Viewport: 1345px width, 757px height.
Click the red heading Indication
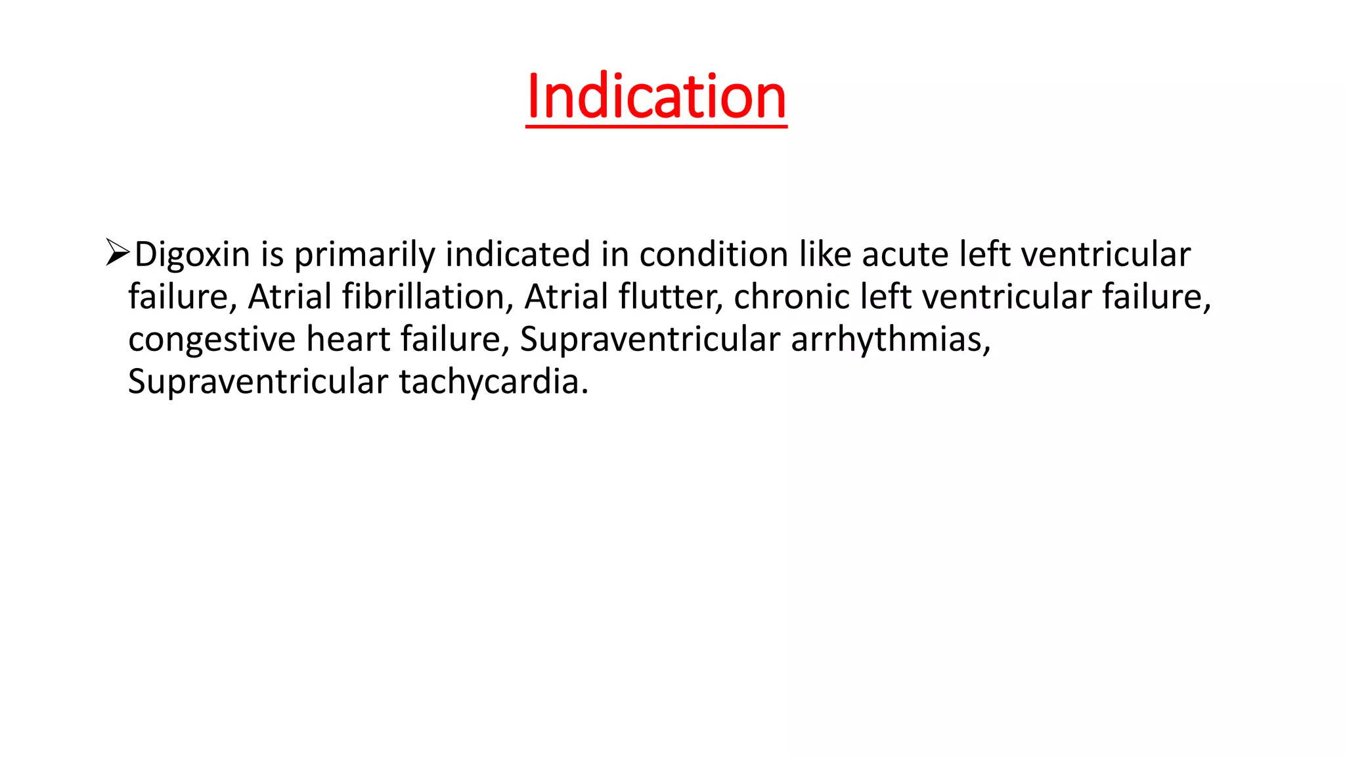(656, 97)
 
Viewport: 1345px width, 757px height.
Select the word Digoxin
(192, 254)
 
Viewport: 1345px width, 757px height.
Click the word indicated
(518, 254)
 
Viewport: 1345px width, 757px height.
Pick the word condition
(714, 254)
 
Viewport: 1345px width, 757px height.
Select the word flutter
(671, 296)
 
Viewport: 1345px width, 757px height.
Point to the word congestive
(211, 340)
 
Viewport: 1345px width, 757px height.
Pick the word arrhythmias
(891, 340)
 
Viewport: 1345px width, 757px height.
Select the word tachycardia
(493, 382)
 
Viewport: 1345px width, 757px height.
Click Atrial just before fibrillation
(290, 296)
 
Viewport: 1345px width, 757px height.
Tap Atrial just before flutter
(565, 296)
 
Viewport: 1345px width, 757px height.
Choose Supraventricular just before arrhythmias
(650, 340)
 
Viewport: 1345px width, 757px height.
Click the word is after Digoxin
(272, 254)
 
